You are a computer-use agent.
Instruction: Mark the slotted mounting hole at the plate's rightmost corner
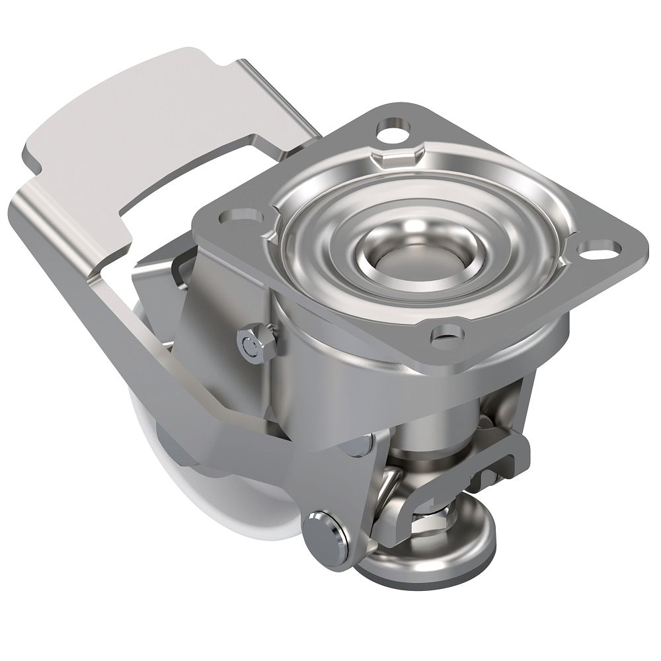click(603, 250)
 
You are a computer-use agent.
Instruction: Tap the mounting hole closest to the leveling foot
click(446, 335)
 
